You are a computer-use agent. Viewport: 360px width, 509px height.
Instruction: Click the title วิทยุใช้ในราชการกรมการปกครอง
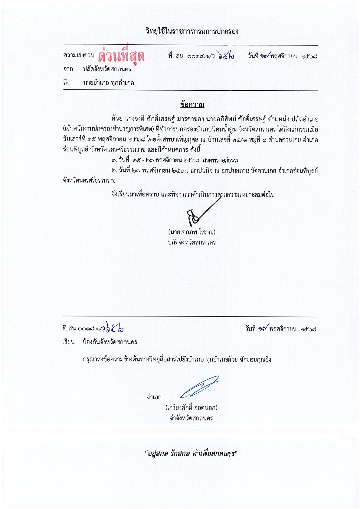point(192,31)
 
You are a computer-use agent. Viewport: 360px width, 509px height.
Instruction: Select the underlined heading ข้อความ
point(192,105)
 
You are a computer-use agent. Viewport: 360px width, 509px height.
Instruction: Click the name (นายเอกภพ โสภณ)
point(192,232)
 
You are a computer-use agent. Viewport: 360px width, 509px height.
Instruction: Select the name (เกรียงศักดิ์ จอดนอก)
point(191,407)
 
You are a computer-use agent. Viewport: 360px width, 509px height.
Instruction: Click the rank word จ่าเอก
point(154,397)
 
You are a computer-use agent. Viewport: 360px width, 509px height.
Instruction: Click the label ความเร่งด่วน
point(79,56)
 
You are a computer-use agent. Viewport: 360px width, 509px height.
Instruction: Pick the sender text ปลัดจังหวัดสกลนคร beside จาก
point(107,69)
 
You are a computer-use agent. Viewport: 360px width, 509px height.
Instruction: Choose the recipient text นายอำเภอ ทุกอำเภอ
point(109,83)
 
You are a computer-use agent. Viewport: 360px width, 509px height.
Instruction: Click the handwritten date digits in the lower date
point(262,328)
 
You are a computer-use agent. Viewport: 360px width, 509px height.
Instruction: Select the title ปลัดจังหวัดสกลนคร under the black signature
point(192,242)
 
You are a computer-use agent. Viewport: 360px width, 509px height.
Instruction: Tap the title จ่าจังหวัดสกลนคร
point(191,418)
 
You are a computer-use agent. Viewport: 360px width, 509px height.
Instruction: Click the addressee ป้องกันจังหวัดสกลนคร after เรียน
point(110,342)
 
